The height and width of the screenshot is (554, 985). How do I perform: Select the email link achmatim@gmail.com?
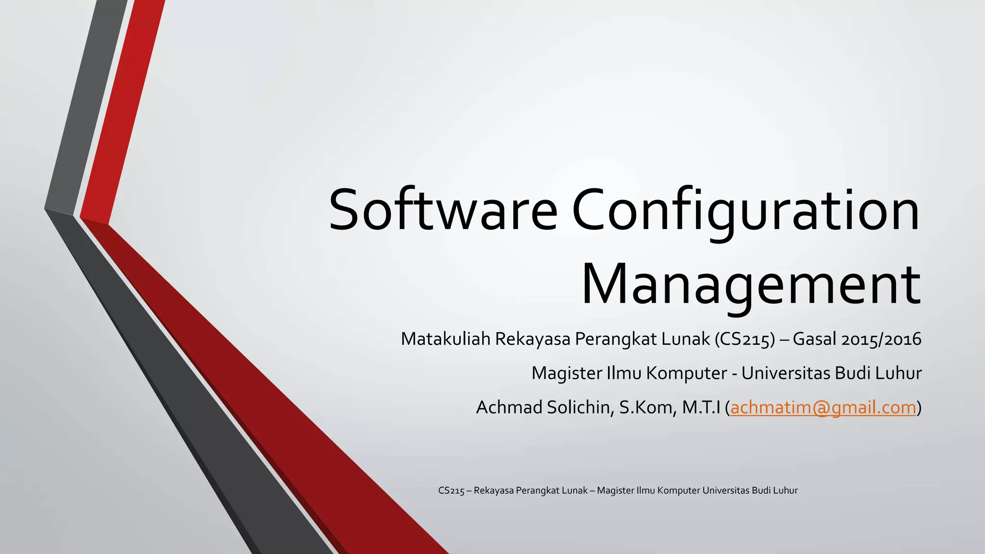823,408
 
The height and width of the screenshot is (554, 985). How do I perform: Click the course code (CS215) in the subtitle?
745,340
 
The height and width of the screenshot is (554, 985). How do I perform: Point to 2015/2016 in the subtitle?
881,340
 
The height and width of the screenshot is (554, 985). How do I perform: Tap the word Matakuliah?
445,340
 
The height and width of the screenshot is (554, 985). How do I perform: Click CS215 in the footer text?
451,491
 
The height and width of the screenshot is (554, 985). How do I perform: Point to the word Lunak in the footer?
574,491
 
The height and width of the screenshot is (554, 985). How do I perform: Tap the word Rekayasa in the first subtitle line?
533,340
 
